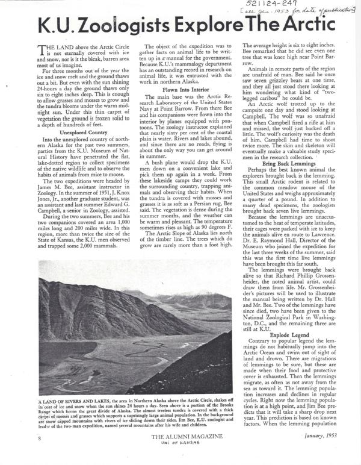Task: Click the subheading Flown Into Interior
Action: (x=182, y=89)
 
